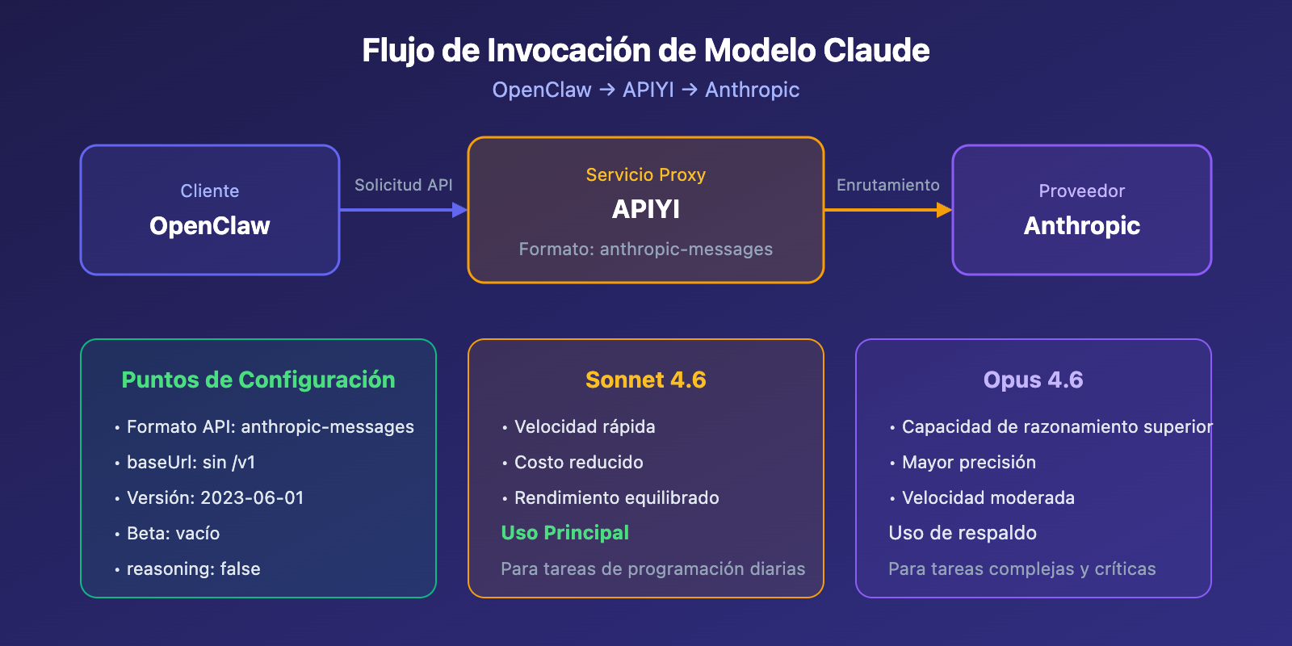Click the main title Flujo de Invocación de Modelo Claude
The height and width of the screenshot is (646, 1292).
pyautogui.click(x=645, y=50)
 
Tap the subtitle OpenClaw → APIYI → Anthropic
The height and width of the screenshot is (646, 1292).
pyautogui.click(x=645, y=90)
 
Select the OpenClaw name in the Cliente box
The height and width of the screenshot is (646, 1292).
pyautogui.click(x=210, y=225)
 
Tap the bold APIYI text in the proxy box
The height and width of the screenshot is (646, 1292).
pyautogui.click(x=645, y=209)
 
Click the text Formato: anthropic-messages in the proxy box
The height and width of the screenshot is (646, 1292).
pyautogui.click(x=645, y=249)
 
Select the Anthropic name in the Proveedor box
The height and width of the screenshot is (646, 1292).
pyautogui.click(x=1081, y=225)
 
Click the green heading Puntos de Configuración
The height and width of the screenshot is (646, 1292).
pyautogui.click(x=258, y=380)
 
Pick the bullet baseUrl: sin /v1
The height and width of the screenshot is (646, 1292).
pyautogui.click(x=191, y=462)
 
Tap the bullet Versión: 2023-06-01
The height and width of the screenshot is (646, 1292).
pyautogui.click(x=215, y=497)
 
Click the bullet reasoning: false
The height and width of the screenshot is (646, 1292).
pyautogui.click(x=193, y=568)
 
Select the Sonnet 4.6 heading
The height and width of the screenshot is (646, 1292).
pyautogui.click(x=645, y=380)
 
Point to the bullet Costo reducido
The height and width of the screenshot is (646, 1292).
pyautogui.click(x=578, y=462)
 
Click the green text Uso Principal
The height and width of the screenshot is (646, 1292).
pyautogui.click(x=564, y=533)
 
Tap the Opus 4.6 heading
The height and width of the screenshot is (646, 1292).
pyautogui.click(x=1033, y=380)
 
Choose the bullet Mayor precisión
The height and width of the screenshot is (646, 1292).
pyautogui.click(x=968, y=462)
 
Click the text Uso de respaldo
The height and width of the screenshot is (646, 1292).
pyautogui.click(x=963, y=533)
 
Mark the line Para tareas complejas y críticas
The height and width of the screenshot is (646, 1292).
pyautogui.click(x=1021, y=568)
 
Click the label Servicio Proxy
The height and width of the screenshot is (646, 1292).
pyautogui.click(x=645, y=174)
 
